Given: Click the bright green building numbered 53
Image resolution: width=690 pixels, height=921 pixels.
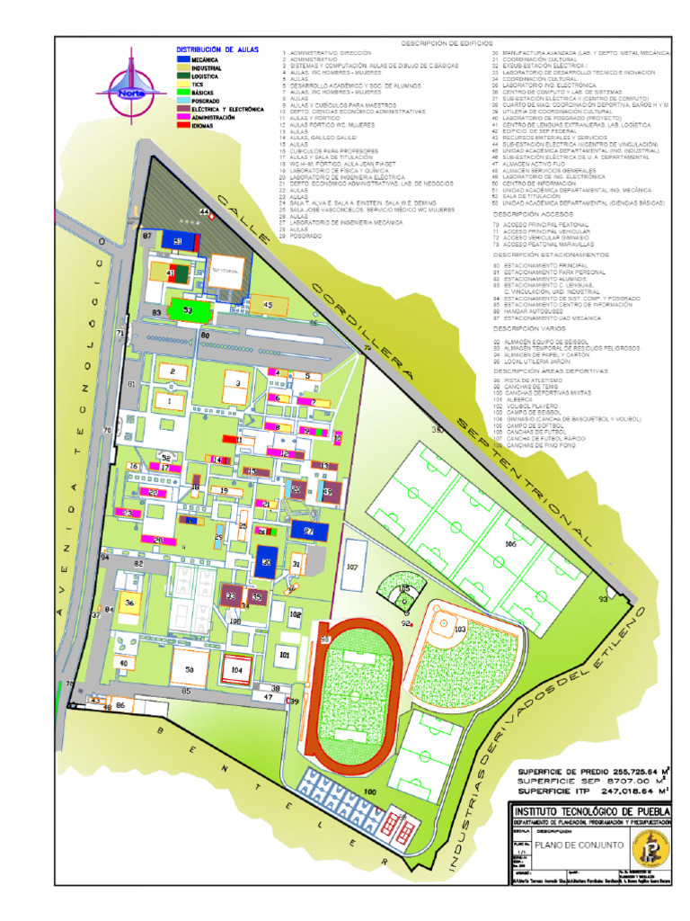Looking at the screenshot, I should [x=188, y=309].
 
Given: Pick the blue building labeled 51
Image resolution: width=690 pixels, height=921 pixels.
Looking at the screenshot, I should [x=179, y=242].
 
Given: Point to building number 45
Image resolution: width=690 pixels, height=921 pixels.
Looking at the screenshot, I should [x=267, y=305].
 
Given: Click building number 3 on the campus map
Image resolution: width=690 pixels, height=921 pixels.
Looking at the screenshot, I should [x=238, y=383].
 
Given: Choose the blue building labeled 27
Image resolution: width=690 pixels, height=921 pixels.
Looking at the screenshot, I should [x=308, y=532].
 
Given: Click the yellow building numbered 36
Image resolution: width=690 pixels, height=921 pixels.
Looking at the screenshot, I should [x=130, y=604].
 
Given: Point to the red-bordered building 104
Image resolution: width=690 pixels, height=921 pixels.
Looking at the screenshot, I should [x=236, y=669].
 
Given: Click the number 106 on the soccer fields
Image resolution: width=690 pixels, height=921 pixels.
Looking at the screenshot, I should [x=510, y=544].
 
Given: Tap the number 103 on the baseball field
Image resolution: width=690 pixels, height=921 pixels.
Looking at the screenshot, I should [x=460, y=630].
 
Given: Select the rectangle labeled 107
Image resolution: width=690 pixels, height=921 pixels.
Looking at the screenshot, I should [x=352, y=567].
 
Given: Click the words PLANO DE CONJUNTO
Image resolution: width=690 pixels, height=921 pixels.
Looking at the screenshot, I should [x=568, y=845].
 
